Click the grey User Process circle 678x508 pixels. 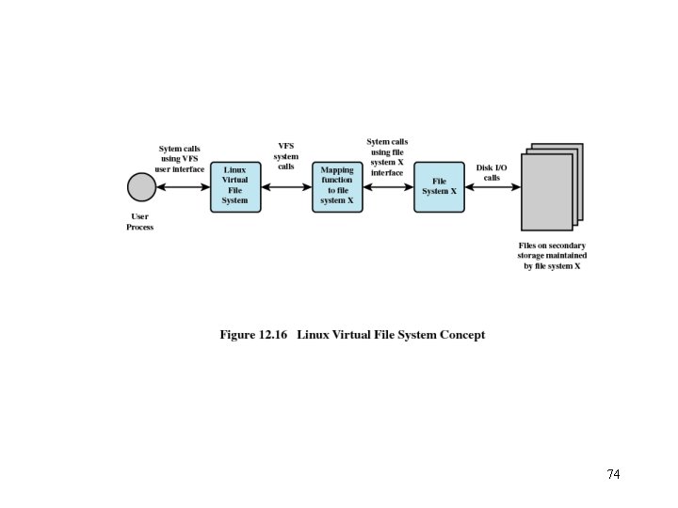(141, 187)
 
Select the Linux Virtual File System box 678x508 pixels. (235, 186)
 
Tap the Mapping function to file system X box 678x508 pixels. (337, 186)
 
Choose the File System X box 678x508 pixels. (439, 186)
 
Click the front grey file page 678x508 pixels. (546, 192)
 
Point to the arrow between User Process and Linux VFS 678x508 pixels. (183, 187)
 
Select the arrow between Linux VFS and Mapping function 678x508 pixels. (286, 187)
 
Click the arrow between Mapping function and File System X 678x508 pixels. (388, 187)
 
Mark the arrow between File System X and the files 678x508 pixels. (492, 187)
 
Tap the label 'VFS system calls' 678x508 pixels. (286, 156)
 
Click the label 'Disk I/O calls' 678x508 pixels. (492, 172)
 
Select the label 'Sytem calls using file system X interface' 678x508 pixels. (387, 157)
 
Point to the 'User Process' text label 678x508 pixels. (140, 222)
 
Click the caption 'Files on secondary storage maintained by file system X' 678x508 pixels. (552, 256)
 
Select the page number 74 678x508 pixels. (613, 474)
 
